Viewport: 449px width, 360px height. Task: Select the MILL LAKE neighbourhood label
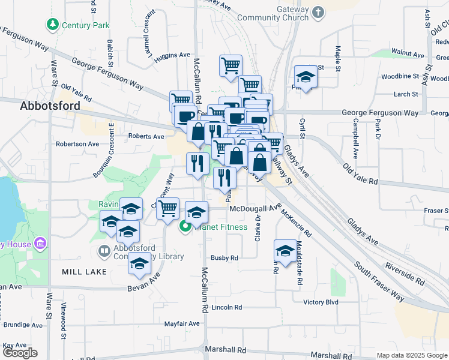point(84,272)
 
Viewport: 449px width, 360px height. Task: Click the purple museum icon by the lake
point(40,244)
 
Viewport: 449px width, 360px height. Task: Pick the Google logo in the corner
point(20,353)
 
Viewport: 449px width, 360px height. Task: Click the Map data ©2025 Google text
point(412,355)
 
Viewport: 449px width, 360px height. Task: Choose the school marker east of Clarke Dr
point(285,251)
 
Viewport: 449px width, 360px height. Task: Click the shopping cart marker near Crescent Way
point(168,209)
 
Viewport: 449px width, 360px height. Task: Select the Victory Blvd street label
point(321,302)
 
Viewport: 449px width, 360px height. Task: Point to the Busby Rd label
point(224,258)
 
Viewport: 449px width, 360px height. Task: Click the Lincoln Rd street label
point(226,307)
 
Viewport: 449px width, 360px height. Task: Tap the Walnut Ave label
point(407,54)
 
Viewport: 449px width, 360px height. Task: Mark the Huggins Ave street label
point(172,56)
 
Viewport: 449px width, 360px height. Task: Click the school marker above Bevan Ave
point(140,265)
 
